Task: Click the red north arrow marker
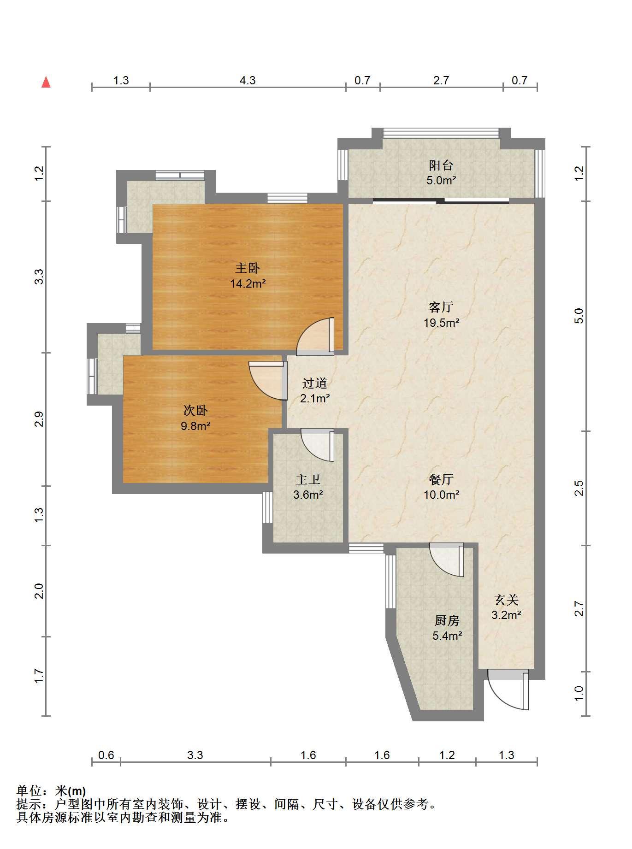tap(46, 83)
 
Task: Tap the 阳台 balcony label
tap(441, 165)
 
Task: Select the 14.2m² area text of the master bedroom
tap(248, 283)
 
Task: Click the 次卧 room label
tap(195, 410)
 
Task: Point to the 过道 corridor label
tap(315, 383)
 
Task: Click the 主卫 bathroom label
tap(307, 480)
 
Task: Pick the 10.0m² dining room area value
tap(441, 495)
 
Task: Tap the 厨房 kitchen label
tap(447, 621)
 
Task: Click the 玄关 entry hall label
tap(506, 600)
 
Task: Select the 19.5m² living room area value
tap(441, 323)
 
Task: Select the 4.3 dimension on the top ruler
tap(248, 81)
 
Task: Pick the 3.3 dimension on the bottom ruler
tap(195, 755)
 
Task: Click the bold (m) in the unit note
tap(77, 791)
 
